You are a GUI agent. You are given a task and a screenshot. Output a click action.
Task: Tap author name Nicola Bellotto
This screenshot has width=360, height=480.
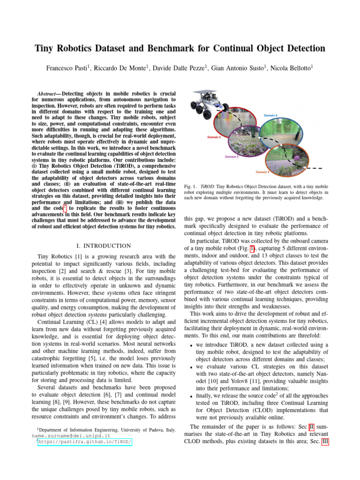289,68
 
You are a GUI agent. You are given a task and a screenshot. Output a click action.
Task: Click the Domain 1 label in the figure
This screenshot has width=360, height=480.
214,137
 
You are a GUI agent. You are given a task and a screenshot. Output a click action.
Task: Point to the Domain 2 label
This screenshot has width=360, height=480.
232,157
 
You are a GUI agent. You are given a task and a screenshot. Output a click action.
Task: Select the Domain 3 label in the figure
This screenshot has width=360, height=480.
270,115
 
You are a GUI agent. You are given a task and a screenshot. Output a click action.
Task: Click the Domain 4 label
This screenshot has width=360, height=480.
262,172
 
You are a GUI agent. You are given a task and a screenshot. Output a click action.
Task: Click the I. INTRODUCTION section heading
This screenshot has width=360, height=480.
103,246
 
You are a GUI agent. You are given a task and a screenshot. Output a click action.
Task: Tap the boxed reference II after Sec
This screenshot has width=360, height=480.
311,427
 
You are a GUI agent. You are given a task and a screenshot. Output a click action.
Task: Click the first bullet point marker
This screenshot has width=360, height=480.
188,346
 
